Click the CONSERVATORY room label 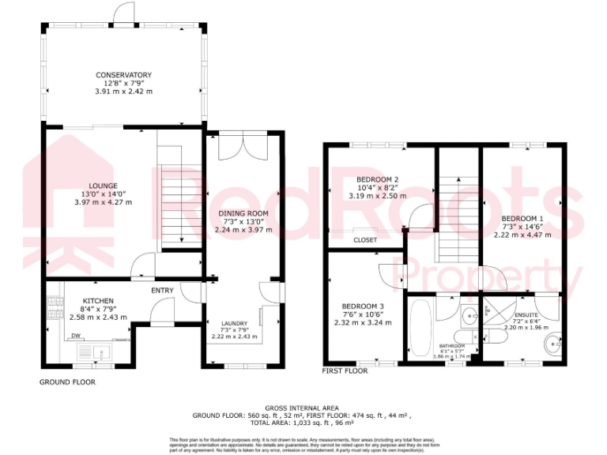pyautogui.click(x=123, y=75)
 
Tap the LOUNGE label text pyautogui.click(x=103, y=186)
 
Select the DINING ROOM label pyautogui.click(x=243, y=213)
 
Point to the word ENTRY pyautogui.click(x=162, y=291)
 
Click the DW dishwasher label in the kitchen pyautogui.click(x=77, y=336)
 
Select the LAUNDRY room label pyautogui.click(x=234, y=323)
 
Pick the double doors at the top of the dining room pyautogui.click(x=242, y=149)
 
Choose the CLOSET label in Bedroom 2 pyautogui.click(x=365, y=239)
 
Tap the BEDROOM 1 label pyautogui.click(x=522, y=217)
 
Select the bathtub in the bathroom pyautogui.click(x=420, y=328)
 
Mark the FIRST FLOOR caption pyautogui.click(x=345, y=370)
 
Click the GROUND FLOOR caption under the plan pyautogui.click(x=67, y=382)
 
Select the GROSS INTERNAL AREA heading pyautogui.click(x=303, y=407)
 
